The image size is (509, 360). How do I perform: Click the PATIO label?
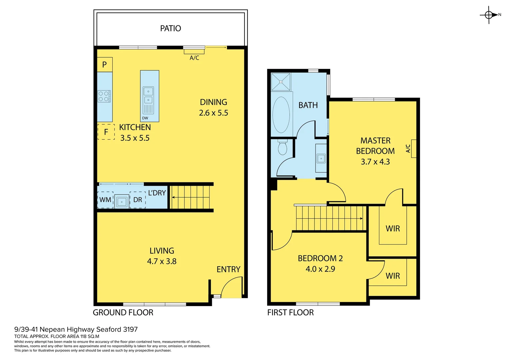tap(171, 28)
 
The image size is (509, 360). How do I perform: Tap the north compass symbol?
tap(489, 15)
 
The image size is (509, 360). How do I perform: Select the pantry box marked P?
tap(105, 65)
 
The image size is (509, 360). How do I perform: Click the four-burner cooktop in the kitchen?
tap(104, 97)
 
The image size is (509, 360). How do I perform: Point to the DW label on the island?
tap(145, 118)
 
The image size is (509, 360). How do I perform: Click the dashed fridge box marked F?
tap(106, 132)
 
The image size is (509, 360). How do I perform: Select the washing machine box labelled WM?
tap(105, 200)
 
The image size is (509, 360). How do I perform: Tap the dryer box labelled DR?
tap(138, 200)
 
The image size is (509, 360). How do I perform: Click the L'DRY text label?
tap(157, 193)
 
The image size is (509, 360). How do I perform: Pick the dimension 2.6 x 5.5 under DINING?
tap(214, 113)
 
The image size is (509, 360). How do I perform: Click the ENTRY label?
tap(229, 269)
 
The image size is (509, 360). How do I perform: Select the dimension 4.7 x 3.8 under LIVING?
tap(162, 261)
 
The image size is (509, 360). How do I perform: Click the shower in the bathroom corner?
tap(281, 82)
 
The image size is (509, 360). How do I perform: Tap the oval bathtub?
tap(281, 115)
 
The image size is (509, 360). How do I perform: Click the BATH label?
tap(308, 105)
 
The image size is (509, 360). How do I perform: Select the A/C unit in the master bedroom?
tap(413, 148)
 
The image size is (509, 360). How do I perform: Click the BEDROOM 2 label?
tap(320, 258)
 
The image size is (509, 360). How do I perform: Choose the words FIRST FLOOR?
tap(290, 313)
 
